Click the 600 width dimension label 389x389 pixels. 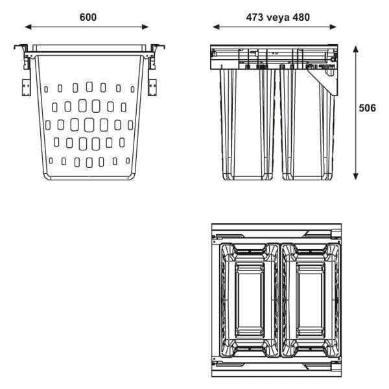88,17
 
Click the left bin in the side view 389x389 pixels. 247,123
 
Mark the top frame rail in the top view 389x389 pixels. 277,231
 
